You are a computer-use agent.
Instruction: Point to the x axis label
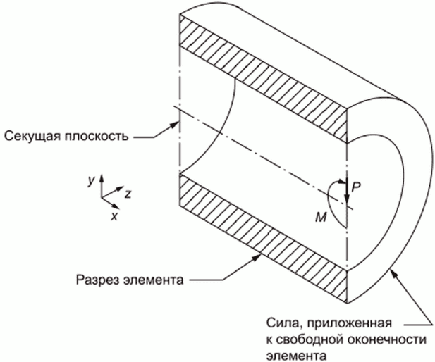[x=114, y=216]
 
